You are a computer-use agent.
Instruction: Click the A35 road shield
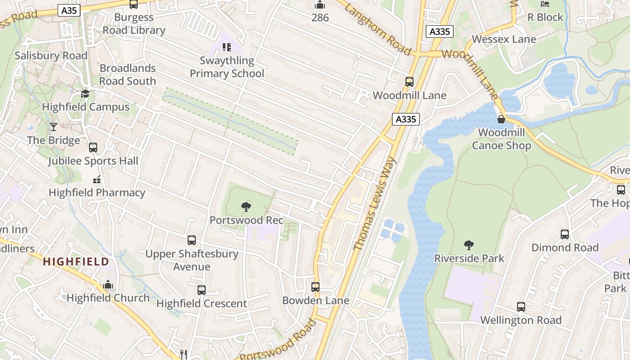point(69,10)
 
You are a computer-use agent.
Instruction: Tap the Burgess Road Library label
point(134,24)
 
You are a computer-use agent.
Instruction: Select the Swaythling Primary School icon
point(227,47)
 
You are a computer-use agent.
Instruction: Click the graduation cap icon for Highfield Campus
point(85,94)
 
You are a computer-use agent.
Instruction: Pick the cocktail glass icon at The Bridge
point(54,127)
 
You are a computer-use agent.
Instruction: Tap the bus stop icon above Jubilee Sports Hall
point(93,148)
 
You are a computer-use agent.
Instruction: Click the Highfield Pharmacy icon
point(97,180)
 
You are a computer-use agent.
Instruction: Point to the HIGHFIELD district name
point(76,261)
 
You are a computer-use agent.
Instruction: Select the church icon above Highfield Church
point(108,284)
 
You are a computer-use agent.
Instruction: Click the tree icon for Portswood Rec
point(246,207)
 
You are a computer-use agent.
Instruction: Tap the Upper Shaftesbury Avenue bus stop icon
point(192,240)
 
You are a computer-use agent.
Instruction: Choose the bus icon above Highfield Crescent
point(202,290)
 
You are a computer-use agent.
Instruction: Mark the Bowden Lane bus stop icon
point(315,287)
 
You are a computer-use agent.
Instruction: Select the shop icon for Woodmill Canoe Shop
point(501,119)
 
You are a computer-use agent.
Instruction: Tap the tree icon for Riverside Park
point(469,245)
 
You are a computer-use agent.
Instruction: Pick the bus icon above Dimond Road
point(565,234)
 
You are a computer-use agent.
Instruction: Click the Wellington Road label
point(521,320)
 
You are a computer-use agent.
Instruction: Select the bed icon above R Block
point(545,4)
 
